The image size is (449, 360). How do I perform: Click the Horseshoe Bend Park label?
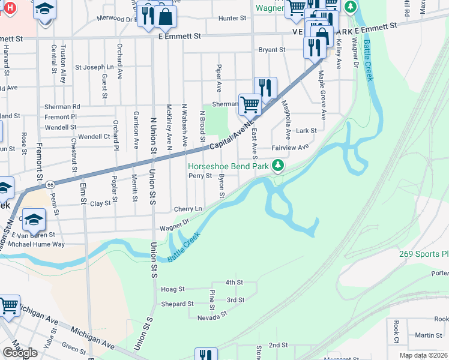point(228,166)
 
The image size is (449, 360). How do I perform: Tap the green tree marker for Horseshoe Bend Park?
point(277,164)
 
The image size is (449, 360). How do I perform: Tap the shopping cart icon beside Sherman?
point(249,104)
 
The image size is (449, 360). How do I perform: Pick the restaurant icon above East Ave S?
point(265,88)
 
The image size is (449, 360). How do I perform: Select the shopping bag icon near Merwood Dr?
point(166,17)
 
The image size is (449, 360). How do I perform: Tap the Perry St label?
point(200,176)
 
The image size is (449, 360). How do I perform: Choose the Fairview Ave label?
point(290,147)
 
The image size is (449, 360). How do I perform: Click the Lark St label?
point(306,130)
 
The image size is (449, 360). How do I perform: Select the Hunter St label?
point(232,19)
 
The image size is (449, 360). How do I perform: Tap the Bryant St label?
point(271,50)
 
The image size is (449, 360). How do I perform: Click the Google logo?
point(20,352)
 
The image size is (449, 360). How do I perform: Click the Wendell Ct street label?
point(94,137)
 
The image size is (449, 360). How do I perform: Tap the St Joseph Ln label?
point(94,67)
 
